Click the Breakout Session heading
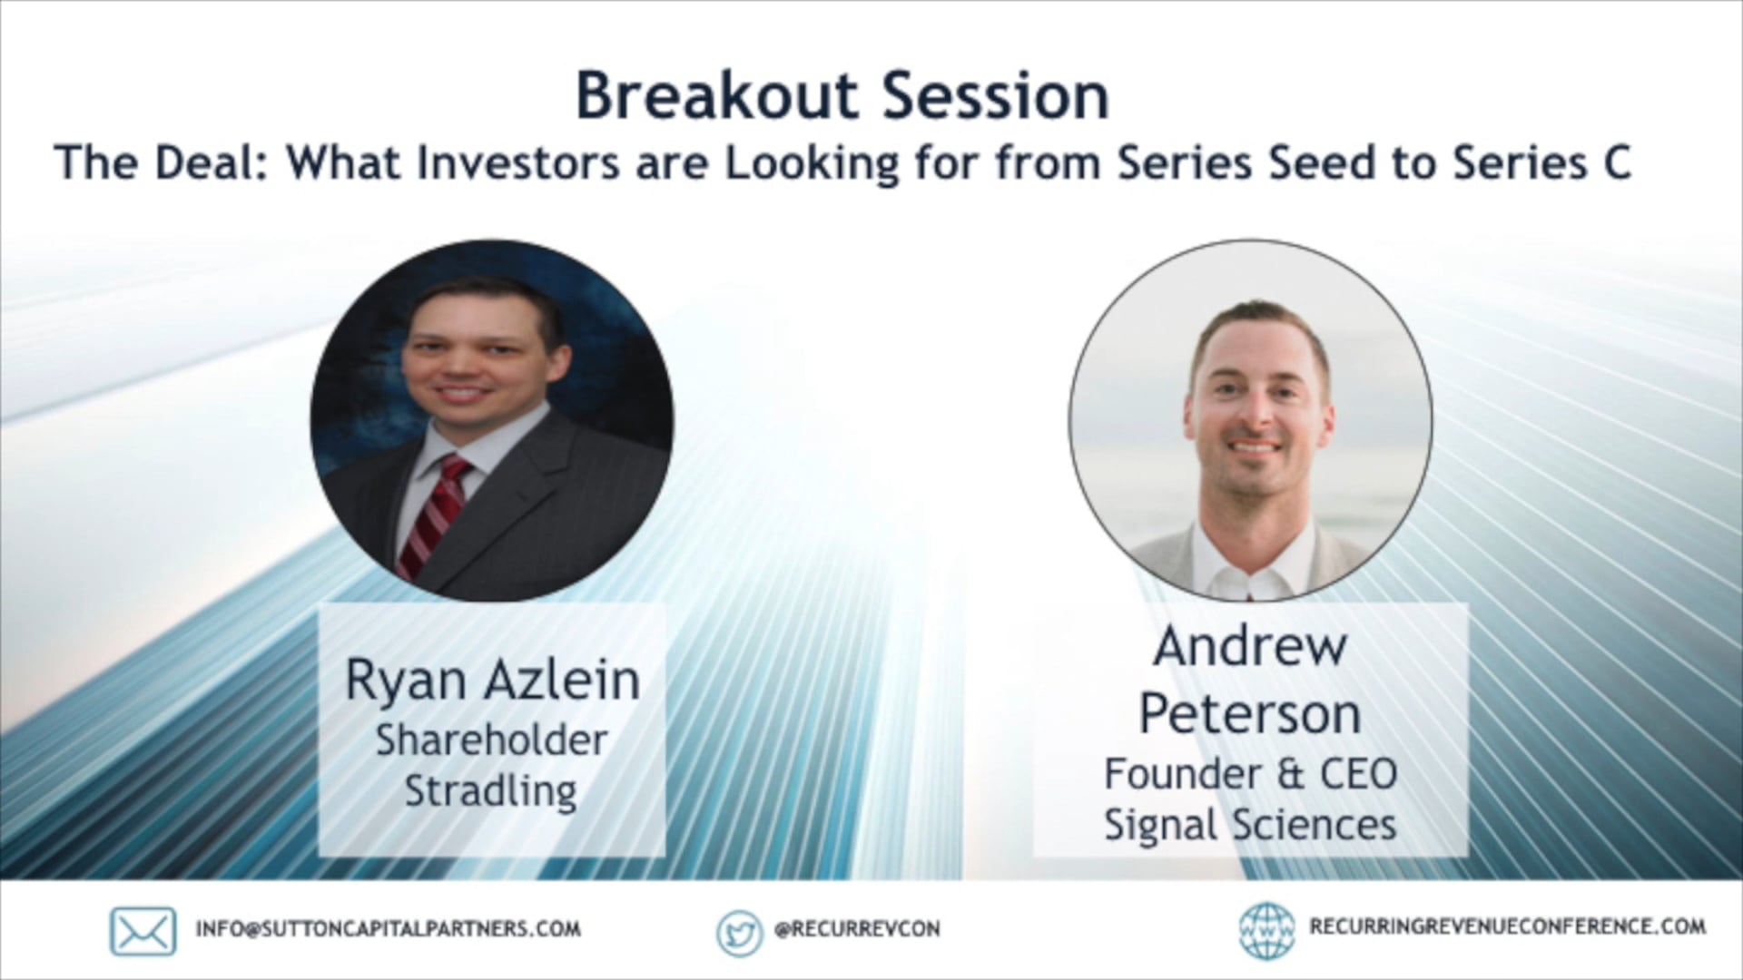tap(842, 96)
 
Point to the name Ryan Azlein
tap(492, 681)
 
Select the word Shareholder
tap(491, 740)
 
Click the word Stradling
tap(490, 791)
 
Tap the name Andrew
tap(1250, 647)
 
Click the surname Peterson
tap(1250, 714)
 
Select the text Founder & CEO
tap(1250, 774)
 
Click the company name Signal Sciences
tap(1250, 825)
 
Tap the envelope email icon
tap(143, 931)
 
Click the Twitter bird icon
tap(739, 933)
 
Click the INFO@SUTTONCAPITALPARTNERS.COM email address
tap(388, 929)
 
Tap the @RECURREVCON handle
tap(857, 929)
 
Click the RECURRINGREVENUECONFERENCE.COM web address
tap(1507, 926)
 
